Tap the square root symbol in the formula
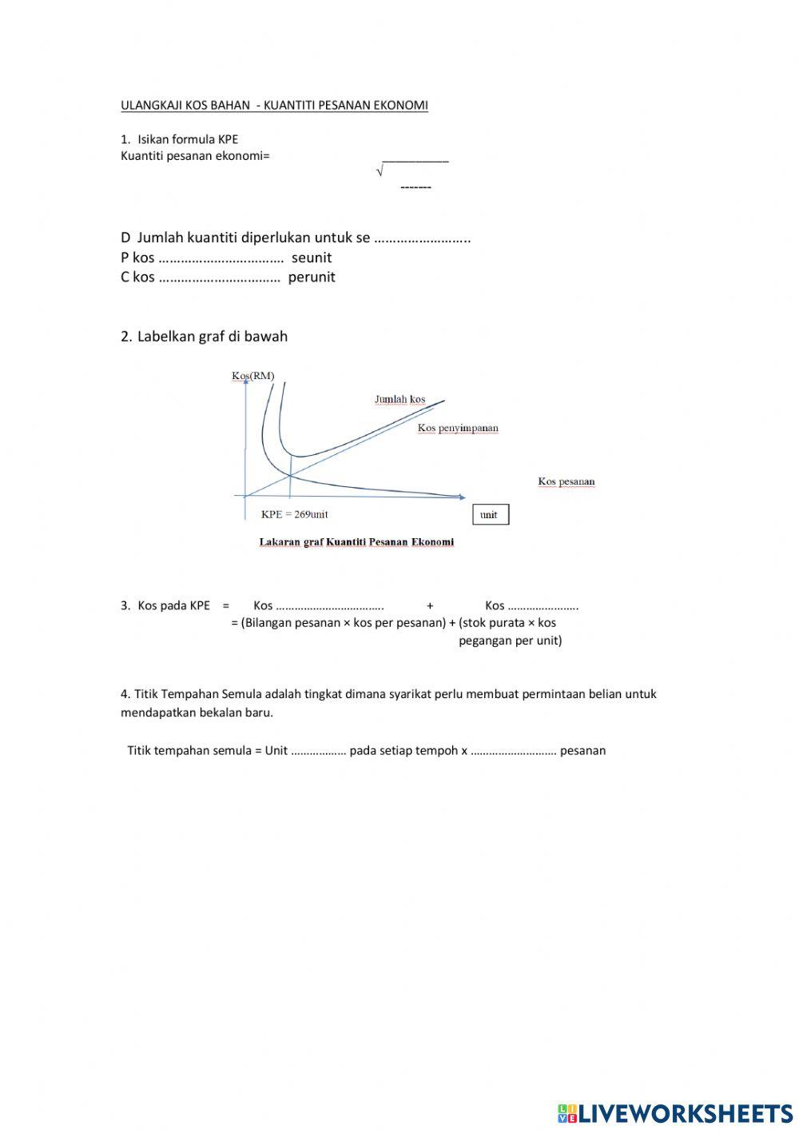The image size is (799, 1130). (380, 171)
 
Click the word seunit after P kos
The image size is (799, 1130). (312, 258)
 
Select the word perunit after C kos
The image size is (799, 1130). (312, 278)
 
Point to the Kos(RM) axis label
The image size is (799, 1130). (252, 376)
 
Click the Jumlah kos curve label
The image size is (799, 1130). (400, 399)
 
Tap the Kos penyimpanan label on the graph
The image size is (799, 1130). (458, 428)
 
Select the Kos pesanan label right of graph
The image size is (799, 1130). (566, 481)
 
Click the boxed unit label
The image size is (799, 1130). (490, 514)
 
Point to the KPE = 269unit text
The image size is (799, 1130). (295, 514)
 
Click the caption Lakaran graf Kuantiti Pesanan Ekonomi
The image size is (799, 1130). (356, 542)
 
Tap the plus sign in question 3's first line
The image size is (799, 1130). (430, 606)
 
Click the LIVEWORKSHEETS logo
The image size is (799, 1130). (675, 1112)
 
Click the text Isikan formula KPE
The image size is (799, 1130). (188, 139)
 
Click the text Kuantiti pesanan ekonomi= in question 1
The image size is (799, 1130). (195, 156)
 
